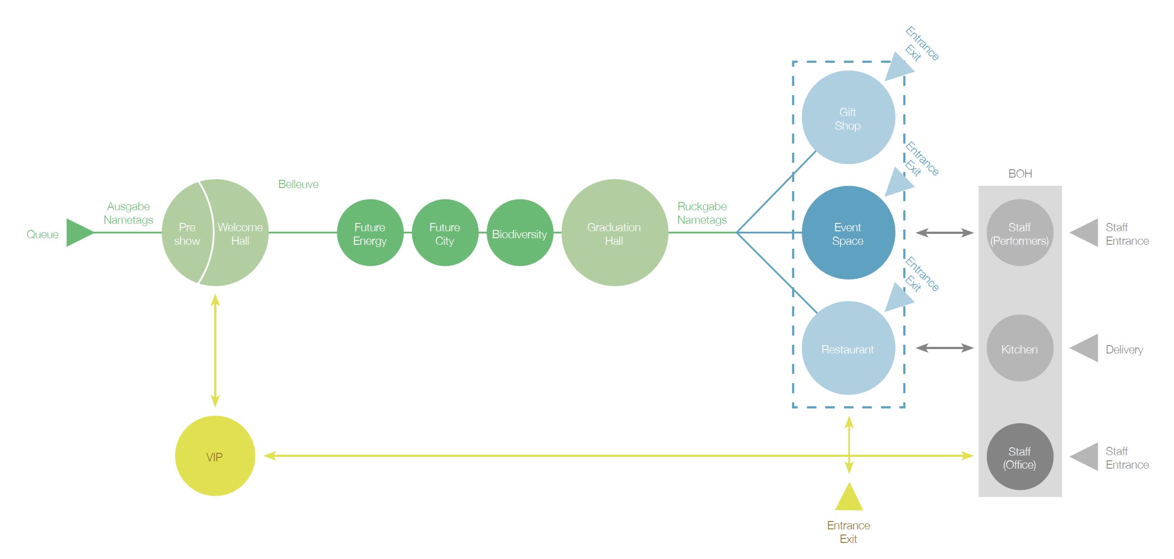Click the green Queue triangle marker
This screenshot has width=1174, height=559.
point(78,233)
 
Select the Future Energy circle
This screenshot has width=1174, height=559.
point(370,233)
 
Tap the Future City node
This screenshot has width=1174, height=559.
point(445,233)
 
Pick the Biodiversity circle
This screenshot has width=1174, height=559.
point(519,233)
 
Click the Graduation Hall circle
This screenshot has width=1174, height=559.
point(614,233)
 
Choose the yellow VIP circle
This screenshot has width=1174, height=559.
point(215,456)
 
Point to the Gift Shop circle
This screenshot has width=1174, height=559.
point(848,118)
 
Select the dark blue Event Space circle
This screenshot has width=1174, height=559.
point(848,233)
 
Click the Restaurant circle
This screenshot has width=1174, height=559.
point(848,348)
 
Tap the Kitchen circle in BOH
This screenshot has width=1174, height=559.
point(1020,348)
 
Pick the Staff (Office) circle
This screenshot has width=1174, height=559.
point(1020,457)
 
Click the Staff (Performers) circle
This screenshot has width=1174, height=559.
point(1020,233)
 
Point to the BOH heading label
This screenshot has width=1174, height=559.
point(1020,174)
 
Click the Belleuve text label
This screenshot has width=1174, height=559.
point(298,184)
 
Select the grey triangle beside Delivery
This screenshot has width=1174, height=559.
point(1085,348)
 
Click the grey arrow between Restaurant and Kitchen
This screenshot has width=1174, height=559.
point(944,348)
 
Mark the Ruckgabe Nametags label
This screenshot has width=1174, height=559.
point(702,213)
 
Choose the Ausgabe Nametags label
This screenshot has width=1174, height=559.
point(128,213)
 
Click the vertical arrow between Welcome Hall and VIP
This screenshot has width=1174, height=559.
point(215,350)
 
